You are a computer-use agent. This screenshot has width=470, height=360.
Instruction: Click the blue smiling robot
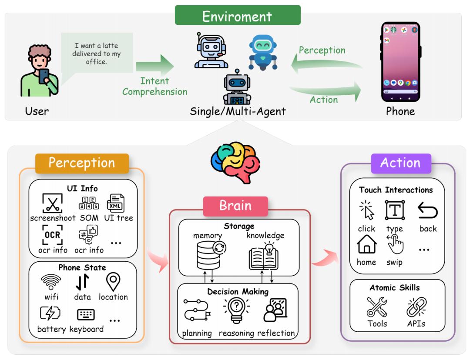[x=262, y=52]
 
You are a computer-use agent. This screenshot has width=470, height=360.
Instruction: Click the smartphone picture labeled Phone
[x=400, y=61]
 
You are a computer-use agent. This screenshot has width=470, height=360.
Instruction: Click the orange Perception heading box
[x=81, y=163]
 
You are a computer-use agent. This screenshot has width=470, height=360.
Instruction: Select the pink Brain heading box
[x=235, y=205]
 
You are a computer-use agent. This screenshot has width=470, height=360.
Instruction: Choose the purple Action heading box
[x=400, y=163]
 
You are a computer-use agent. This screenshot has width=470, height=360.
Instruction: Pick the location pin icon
[x=113, y=282]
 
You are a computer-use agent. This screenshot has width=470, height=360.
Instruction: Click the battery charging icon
[x=50, y=313]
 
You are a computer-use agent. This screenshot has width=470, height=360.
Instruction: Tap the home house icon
[x=366, y=245]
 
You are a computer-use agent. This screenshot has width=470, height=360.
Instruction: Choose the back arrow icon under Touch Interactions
[x=427, y=210]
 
